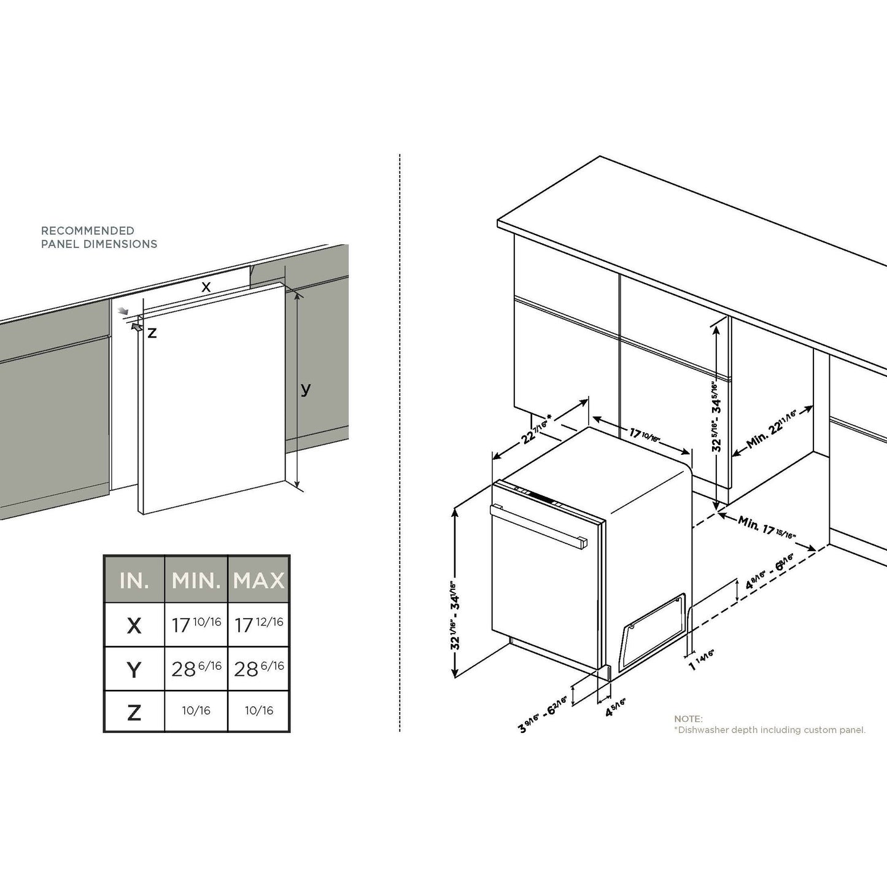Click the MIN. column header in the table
[196, 580]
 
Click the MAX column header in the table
[259, 580]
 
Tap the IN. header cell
[134, 580]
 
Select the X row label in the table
[134, 626]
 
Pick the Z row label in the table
[134, 712]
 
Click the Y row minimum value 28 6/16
[196, 668]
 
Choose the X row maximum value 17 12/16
[259, 624]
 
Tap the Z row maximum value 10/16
[259, 711]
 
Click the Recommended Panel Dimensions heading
[99, 238]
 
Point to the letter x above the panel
[206, 287]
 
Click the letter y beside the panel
[306, 389]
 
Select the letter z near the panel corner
[152, 333]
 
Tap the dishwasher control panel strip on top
[540, 497]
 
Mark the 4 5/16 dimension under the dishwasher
[616, 707]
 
